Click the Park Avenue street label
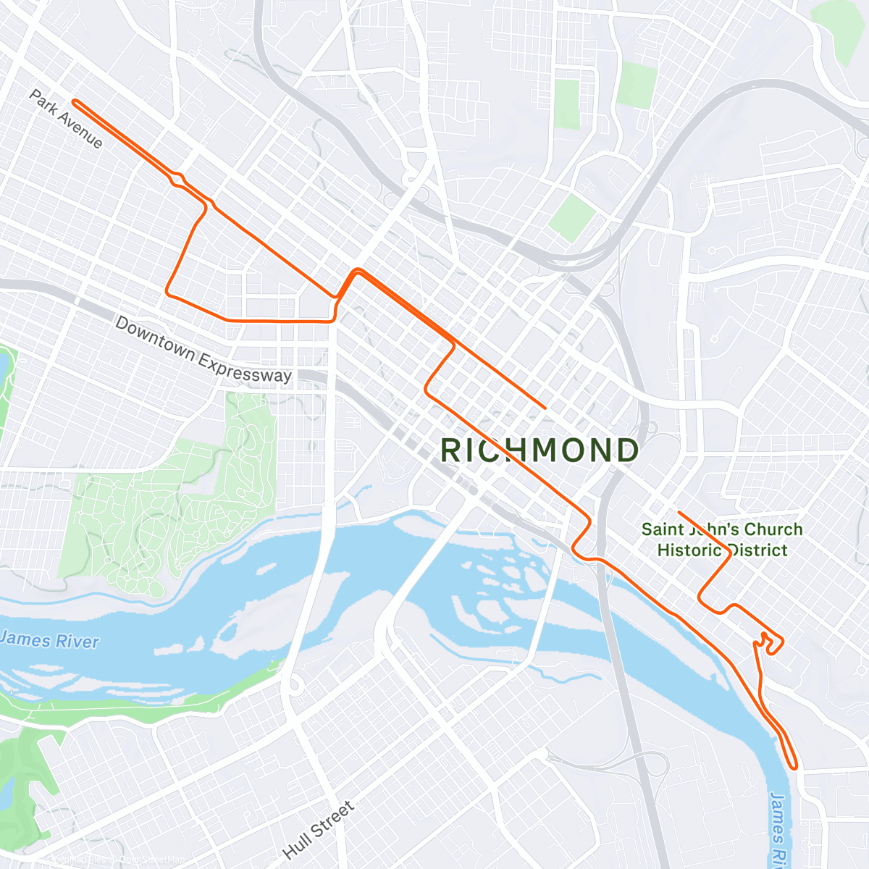[66, 119]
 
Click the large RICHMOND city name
[540, 450]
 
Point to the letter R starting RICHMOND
[451, 450]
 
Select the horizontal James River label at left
[49, 640]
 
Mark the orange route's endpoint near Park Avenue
[75, 102]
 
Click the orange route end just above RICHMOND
[544, 408]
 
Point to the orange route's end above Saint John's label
[679, 512]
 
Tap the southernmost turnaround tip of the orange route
[795, 766]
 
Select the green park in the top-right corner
[840, 29]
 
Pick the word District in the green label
[756, 550]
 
